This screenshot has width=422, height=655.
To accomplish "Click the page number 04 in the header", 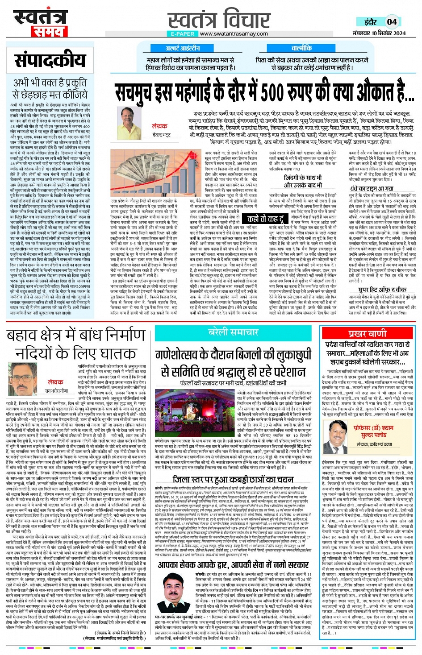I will pyautogui.click(x=392, y=21).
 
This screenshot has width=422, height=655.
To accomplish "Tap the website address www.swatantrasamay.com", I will pyautogui.click(x=234, y=34).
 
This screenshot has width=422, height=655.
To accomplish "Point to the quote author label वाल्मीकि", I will pyautogui.click(x=302, y=48).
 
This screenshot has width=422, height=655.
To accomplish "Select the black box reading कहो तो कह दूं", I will pyautogui.click(x=265, y=219).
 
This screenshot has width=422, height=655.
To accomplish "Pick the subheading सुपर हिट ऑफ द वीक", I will pyautogui.click(x=382, y=289).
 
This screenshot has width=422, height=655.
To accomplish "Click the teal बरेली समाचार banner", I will pyautogui.click(x=233, y=332).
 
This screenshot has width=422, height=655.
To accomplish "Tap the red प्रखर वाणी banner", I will pyautogui.click(x=368, y=333).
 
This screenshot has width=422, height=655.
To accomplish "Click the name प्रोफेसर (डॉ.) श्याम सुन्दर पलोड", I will pyautogui.click(x=373, y=431).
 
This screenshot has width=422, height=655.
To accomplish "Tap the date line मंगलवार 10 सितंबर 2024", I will pyautogui.click(x=379, y=33).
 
